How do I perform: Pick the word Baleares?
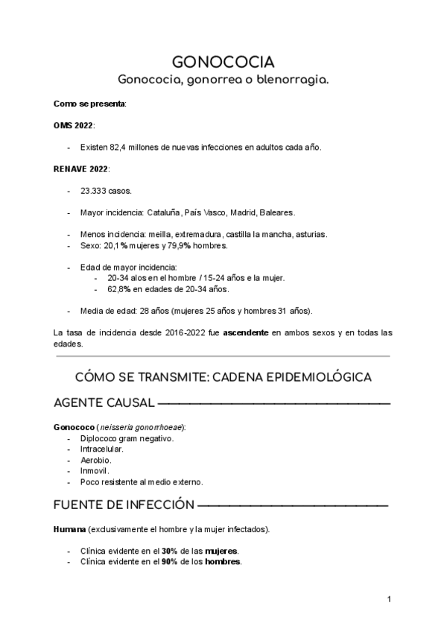(277, 212)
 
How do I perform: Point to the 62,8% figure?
(119, 288)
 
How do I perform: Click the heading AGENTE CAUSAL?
(104, 403)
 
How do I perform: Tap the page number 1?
(390, 599)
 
